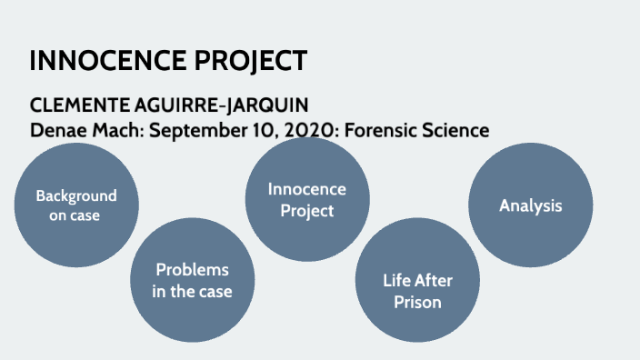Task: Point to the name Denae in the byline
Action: tap(56, 130)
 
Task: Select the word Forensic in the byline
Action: tap(385, 130)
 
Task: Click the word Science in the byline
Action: tap(456, 130)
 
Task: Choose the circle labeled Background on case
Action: tap(76, 205)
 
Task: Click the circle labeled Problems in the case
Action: tap(193, 280)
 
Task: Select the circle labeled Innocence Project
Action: tap(307, 199)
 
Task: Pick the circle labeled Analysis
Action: tap(531, 205)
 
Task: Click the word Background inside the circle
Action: tap(76, 195)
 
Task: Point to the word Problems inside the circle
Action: tap(192, 270)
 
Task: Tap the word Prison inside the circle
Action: tap(417, 302)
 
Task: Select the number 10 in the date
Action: tap(259, 130)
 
